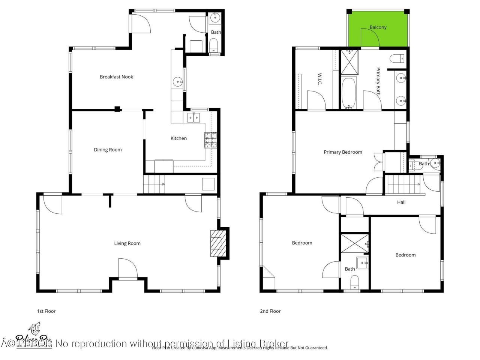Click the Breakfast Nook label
(x=116, y=77)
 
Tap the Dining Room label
(x=108, y=150)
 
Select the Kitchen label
(x=178, y=138)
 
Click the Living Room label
(x=127, y=243)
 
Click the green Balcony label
(x=378, y=27)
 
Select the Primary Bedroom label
(x=343, y=152)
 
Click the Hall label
(x=401, y=202)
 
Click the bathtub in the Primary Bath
(x=349, y=93)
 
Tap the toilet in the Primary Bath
(x=397, y=58)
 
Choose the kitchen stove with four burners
(x=211, y=140)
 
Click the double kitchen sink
(x=193, y=118)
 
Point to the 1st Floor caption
(x=46, y=311)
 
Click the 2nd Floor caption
(x=270, y=311)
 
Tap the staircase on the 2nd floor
(x=403, y=184)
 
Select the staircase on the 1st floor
(x=154, y=184)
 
